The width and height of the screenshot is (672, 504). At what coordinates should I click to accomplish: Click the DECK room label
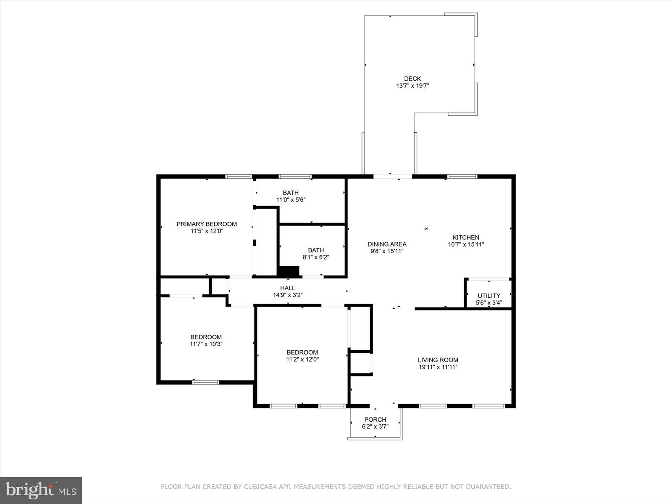point(412,79)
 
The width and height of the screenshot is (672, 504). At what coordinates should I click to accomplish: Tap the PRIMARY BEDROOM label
point(206,224)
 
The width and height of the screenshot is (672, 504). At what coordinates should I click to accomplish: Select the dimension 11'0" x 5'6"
point(290,200)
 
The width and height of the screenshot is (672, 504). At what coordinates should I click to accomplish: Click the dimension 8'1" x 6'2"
point(315,257)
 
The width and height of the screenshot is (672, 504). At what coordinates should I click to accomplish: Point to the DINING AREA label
point(387,244)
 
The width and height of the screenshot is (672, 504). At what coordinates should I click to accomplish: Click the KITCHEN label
point(465,237)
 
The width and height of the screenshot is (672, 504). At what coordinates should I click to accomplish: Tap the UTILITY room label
point(488,296)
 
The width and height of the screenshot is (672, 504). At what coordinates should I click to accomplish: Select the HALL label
point(288,288)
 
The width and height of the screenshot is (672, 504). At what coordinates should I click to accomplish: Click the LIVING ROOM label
point(438,360)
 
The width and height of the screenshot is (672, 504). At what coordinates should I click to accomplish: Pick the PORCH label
point(375,420)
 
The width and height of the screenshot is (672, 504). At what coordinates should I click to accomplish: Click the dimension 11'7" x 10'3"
point(206,344)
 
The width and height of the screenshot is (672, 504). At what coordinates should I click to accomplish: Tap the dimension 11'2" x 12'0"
point(302,360)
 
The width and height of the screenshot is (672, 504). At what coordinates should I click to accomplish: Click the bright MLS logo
point(41,490)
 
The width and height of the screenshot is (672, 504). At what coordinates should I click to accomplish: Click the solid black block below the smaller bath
point(289,271)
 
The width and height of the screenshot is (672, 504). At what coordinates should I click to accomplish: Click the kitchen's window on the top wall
point(462,176)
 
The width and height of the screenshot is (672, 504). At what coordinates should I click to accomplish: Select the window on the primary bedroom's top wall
point(239,176)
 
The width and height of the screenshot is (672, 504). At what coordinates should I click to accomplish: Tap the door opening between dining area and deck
point(393,176)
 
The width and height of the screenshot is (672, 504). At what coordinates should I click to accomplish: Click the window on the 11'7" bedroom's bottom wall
point(206,382)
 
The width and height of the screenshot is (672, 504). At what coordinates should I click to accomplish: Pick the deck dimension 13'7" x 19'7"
point(412,86)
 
